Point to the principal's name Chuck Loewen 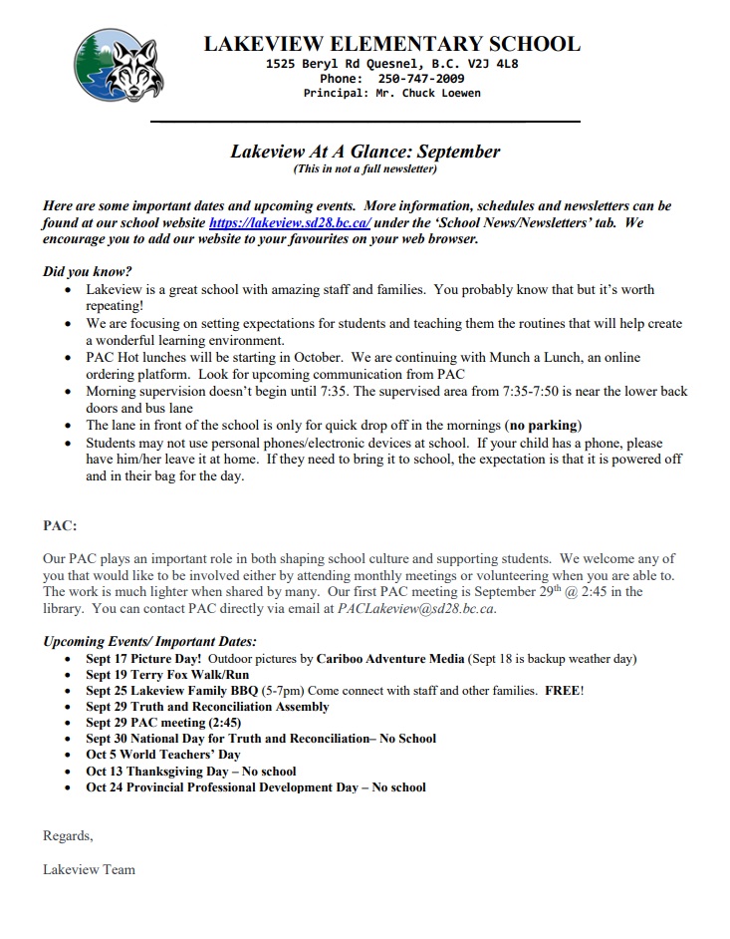[x=430, y=93]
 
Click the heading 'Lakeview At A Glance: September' [x=365, y=153]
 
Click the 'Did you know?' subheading [x=88, y=271]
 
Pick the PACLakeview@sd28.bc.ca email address [x=415, y=608]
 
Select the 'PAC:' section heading [x=60, y=525]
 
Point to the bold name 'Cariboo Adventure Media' [x=390, y=659]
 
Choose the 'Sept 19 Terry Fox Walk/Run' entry [x=167, y=675]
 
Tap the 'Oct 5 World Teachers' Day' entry [x=163, y=755]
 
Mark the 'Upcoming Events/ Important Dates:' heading [x=149, y=641]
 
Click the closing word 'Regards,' [x=68, y=835]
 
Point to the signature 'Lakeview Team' [x=89, y=869]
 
